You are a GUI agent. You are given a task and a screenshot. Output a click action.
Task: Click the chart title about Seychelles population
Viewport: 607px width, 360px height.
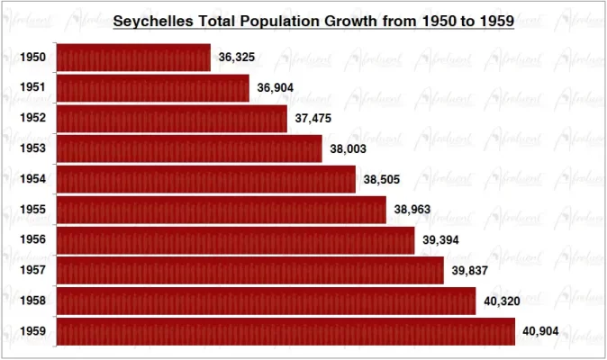click(313, 19)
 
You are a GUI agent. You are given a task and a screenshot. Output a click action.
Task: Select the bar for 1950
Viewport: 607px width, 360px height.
click(133, 58)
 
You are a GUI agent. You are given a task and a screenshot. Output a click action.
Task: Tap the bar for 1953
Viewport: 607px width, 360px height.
click(189, 148)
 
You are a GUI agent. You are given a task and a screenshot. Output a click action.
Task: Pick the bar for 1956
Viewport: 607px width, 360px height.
click(235, 240)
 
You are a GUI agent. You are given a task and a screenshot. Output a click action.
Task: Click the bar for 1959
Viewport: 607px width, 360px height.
click(285, 331)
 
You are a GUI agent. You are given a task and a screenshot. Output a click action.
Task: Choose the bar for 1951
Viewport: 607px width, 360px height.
click(152, 88)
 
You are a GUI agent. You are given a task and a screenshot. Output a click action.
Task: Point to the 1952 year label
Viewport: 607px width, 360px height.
click(33, 119)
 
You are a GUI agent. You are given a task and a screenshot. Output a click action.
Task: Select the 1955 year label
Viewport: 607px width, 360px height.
click(33, 211)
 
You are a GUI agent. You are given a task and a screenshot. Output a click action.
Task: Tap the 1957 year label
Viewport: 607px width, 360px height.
click(33, 271)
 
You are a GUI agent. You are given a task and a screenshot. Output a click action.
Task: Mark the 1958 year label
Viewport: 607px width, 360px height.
click(33, 301)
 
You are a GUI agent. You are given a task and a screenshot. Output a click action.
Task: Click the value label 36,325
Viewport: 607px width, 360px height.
click(236, 58)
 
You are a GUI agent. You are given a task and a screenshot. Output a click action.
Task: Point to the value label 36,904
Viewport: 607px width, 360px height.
click(275, 88)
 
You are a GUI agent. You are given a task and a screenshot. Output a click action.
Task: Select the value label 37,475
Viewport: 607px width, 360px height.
click(313, 119)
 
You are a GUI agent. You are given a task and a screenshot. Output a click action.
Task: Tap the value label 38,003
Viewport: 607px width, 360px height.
click(348, 149)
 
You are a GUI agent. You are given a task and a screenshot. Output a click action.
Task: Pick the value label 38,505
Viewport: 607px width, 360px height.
click(382, 180)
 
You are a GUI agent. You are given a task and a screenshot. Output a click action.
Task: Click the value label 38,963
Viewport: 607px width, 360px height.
click(412, 211)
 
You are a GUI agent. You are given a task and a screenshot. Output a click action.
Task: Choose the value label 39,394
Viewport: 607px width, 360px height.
click(440, 240)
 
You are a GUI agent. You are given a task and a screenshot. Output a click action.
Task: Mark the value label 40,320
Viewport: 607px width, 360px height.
click(502, 301)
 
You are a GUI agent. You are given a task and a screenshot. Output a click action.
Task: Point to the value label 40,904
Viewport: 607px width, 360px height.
click(541, 331)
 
